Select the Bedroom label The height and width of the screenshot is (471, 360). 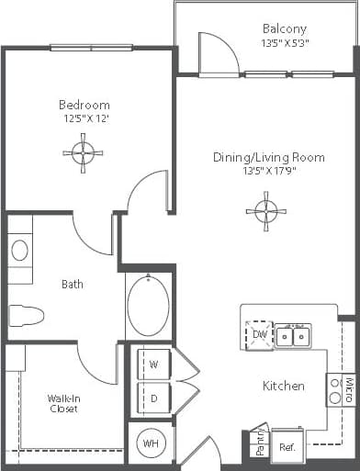84,105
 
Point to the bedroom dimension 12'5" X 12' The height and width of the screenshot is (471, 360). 84,118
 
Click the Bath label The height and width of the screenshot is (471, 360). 73,285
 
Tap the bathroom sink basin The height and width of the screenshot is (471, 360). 19,249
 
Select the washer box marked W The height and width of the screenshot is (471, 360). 153,364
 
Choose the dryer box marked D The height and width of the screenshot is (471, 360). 153,398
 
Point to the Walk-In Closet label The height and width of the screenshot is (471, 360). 63,403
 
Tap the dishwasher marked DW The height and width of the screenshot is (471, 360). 260,337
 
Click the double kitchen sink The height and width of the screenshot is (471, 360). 293,337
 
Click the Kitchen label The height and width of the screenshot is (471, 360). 284,386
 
